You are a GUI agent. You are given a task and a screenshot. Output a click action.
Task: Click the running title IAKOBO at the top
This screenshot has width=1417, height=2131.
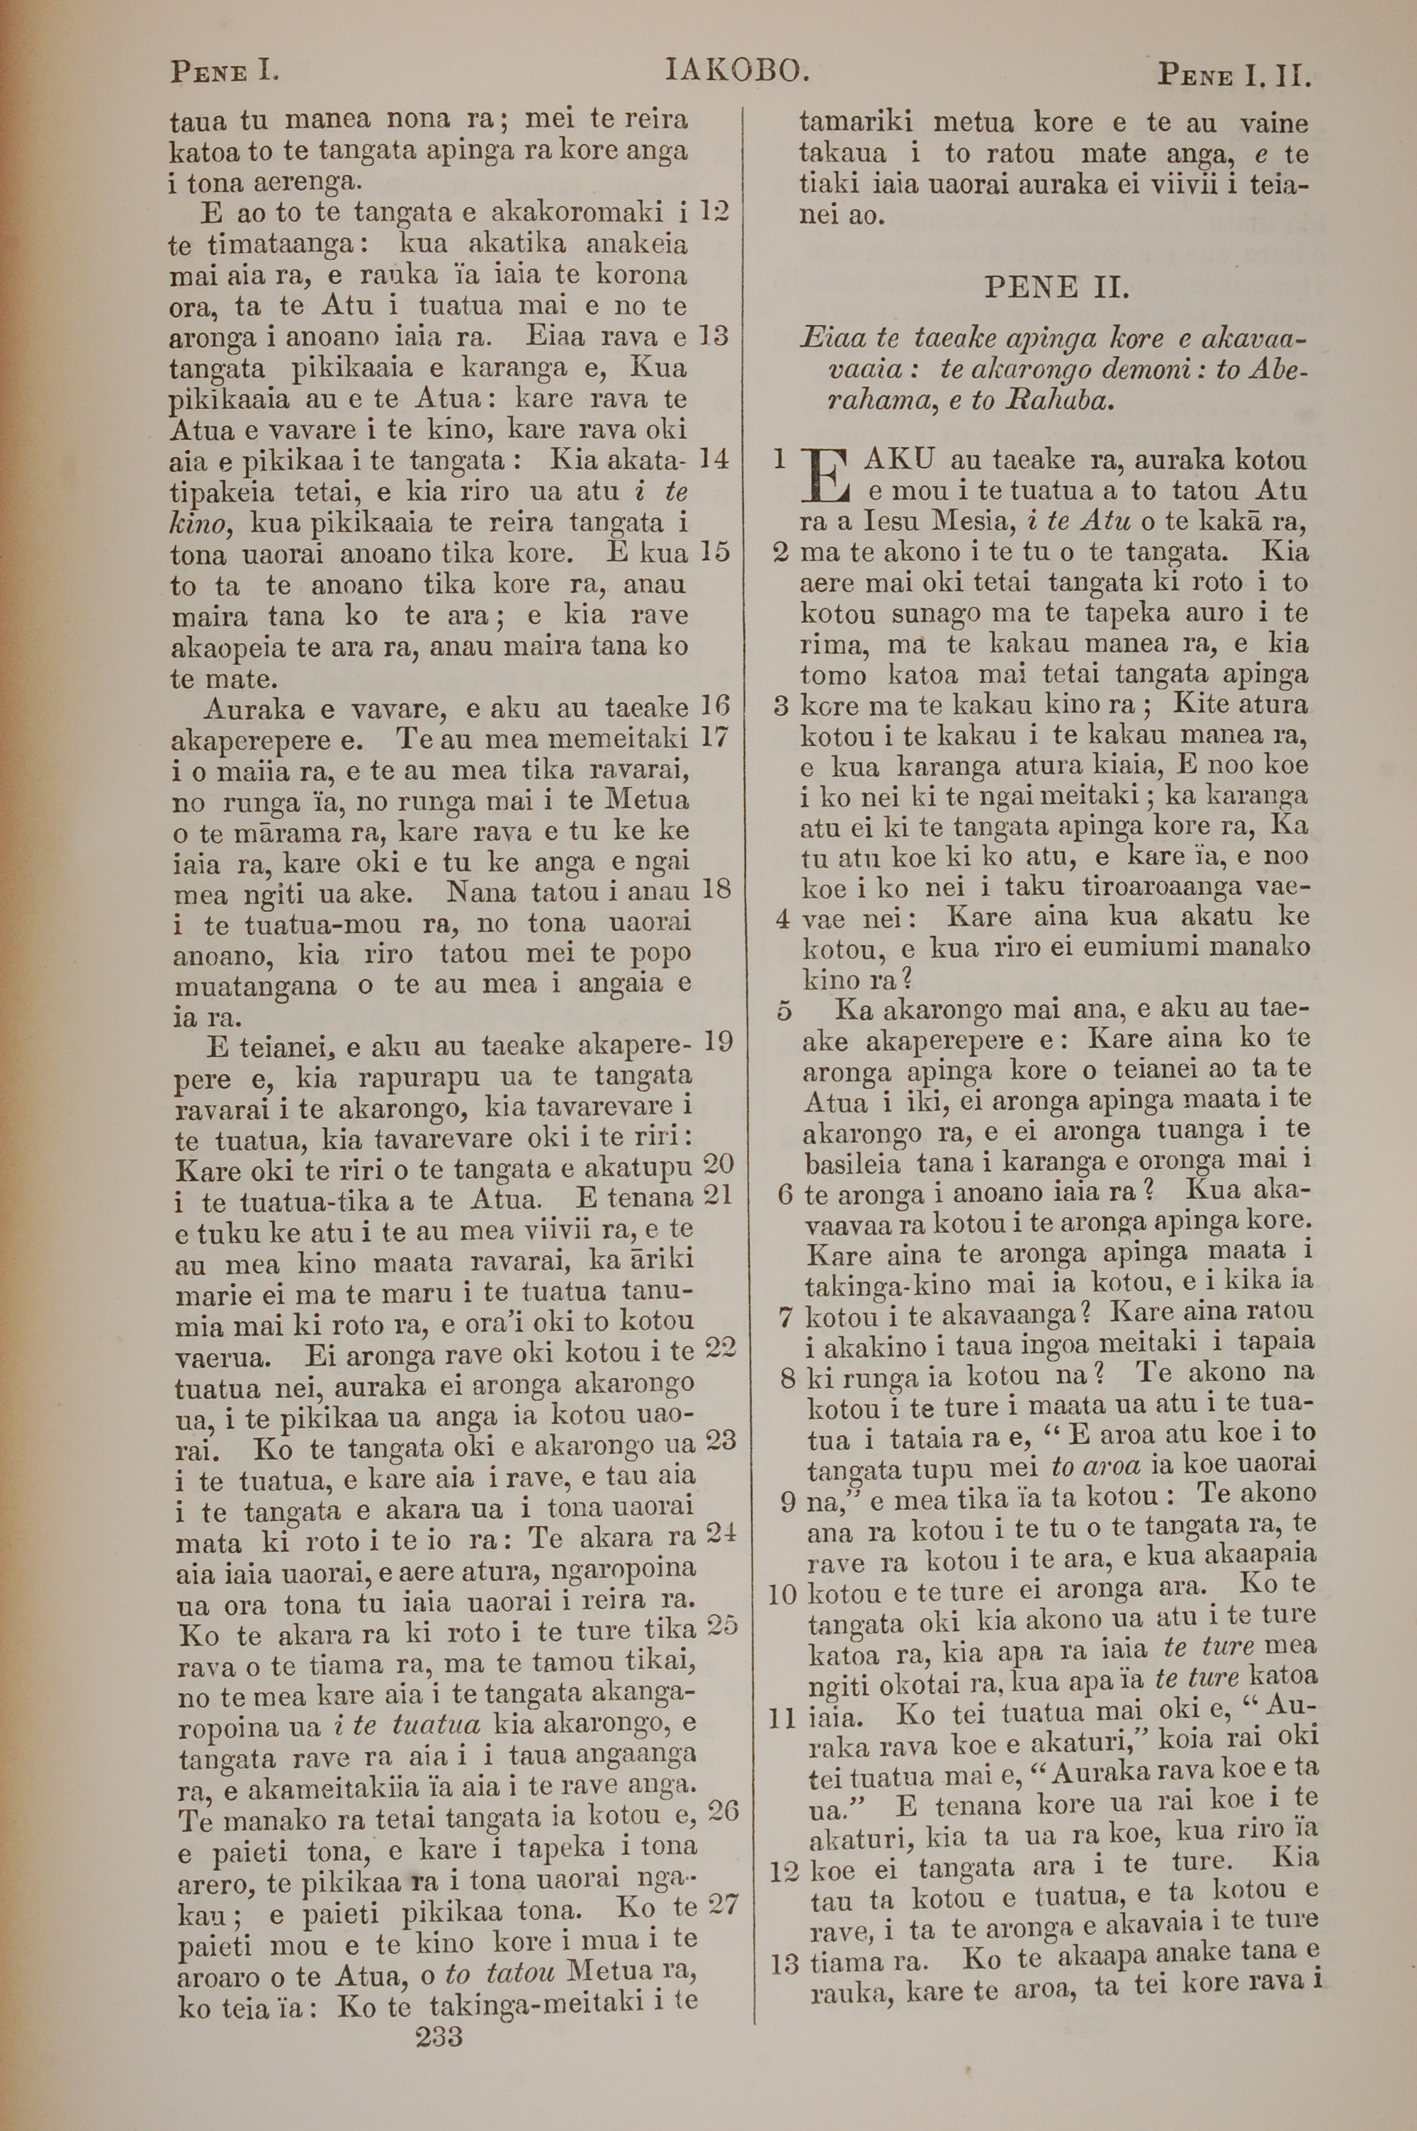(735, 70)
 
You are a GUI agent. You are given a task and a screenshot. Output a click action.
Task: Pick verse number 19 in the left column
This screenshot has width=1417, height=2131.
(718, 1041)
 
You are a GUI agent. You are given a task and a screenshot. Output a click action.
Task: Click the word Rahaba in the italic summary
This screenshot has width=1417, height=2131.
(1063, 400)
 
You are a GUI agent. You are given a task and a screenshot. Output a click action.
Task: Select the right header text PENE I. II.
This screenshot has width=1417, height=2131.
(1233, 74)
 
